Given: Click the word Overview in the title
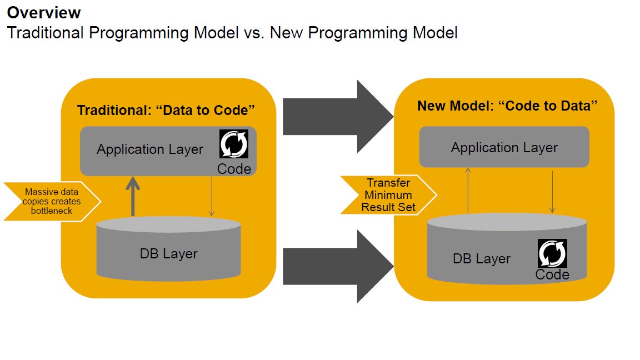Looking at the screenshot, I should pos(44,13).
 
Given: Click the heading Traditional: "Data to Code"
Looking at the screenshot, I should pos(166,109).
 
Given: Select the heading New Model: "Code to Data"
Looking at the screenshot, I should pos(507,106).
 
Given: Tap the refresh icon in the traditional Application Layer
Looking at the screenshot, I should pos(234,144).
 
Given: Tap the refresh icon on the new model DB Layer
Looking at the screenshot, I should pos(552,253).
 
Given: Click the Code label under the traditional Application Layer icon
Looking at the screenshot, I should pos(234,169).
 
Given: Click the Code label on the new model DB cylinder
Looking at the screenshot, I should pos(552,274).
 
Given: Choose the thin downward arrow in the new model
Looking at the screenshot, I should pos(552,190).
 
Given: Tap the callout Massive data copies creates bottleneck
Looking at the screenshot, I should pos(52,201).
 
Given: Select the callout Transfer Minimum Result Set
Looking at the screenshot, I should pos(387,195).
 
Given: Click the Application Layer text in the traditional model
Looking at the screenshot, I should pos(150,149).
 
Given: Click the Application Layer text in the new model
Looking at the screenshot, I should pos(504,147).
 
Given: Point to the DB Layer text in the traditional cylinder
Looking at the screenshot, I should pos(168,254).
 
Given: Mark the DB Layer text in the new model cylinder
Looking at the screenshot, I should pos(482,258).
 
